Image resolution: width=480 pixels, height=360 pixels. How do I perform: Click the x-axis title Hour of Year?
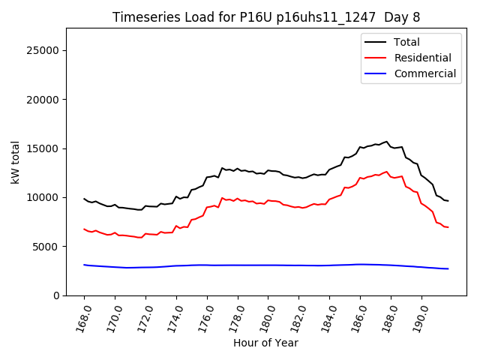click(x=265, y=343)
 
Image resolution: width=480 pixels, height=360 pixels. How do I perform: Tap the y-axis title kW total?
click(x=15, y=162)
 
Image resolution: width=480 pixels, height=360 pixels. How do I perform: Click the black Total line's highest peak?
click(x=387, y=141)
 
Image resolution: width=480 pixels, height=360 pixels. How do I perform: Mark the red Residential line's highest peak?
click(x=387, y=172)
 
